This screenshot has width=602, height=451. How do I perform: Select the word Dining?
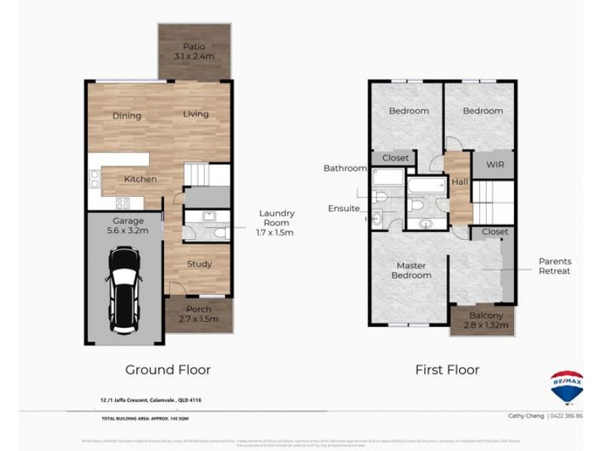tap(127, 116)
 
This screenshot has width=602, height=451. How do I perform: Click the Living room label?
tap(196, 114)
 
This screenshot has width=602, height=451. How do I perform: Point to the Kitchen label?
tap(140, 179)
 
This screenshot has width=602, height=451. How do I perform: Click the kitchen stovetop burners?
tap(122, 202)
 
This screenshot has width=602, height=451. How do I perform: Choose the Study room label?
tap(199, 264)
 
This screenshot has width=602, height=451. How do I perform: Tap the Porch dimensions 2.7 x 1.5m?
tap(199, 319)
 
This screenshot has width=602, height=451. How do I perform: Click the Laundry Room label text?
tap(276, 218)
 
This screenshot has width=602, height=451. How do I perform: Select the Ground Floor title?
tap(168, 370)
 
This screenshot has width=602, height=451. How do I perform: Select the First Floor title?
tap(447, 370)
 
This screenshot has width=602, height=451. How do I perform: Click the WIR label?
tap(494, 163)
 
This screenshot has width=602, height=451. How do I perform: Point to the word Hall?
tap(459, 181)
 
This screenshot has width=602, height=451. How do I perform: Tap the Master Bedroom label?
tap(411, 271)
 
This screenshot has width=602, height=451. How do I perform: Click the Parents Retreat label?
tap(554, 266)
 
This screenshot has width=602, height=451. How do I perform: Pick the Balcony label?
tap(485, 316)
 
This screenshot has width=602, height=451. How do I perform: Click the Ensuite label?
tap(344, 208)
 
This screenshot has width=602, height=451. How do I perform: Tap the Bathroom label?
tap(345, 168)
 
